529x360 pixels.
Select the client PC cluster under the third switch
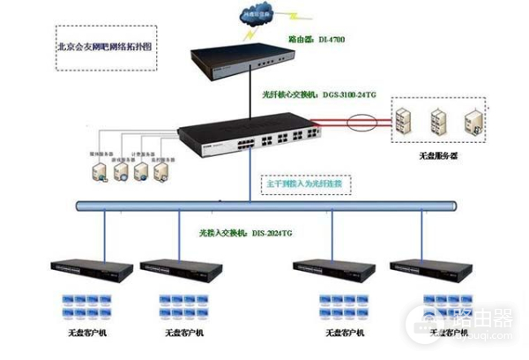pos(342,307)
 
